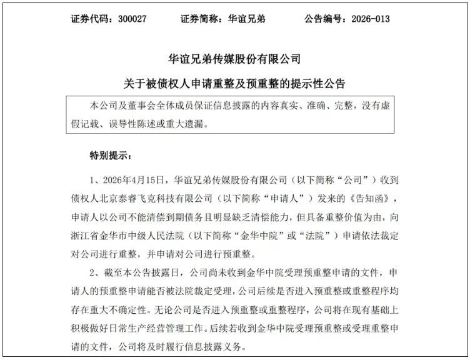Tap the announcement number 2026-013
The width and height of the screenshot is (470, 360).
tap(368, 19)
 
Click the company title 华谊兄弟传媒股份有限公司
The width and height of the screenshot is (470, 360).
tap(234, 59)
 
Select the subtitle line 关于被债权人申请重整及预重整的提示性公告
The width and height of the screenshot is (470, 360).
tap(234, 83)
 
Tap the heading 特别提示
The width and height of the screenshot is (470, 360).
tap(109, 154)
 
